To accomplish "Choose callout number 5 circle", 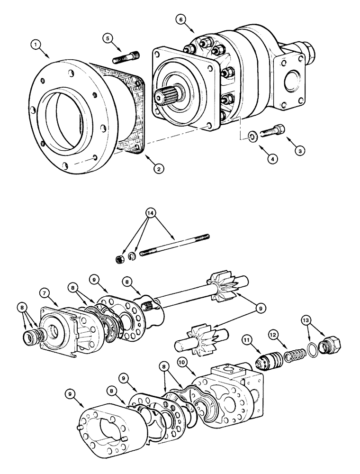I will (109, 38).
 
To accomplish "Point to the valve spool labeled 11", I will (269, 364).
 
